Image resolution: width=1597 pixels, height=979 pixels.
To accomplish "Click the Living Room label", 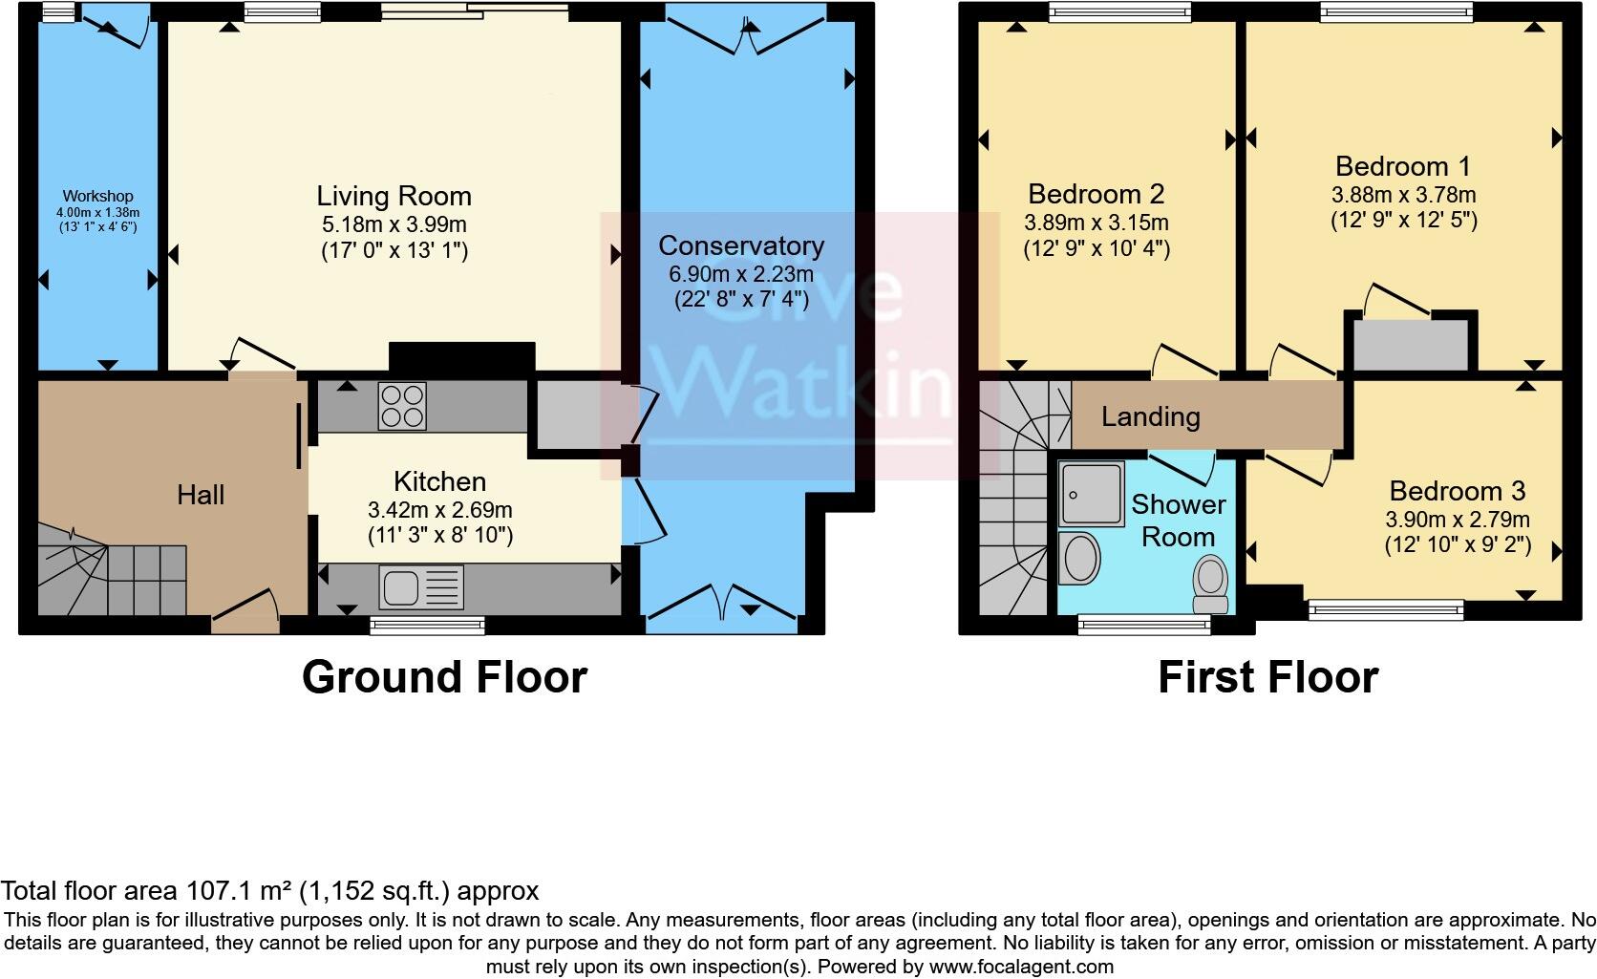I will [394, 197].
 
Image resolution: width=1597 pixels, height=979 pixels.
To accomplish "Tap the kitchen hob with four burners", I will [403, 405].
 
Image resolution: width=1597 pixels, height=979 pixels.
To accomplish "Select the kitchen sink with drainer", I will [421, 586].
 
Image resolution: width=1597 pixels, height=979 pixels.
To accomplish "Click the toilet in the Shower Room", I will [1211, 585].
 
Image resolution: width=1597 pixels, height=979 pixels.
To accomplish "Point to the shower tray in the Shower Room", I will [1091, 493].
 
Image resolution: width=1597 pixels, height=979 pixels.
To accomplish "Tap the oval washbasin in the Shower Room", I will [1081, 557].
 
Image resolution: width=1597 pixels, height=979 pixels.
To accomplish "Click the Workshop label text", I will [97, 197].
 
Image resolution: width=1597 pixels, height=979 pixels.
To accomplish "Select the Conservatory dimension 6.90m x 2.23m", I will [740, 274].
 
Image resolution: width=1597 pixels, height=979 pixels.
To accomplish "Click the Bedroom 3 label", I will [1457, 491].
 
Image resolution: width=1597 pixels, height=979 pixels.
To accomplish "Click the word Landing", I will [1150, 416].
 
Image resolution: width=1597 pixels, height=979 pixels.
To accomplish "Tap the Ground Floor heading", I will [444, 677].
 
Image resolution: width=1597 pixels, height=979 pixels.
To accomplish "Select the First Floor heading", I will [1267, 677].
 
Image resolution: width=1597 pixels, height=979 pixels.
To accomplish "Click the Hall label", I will [201, 495].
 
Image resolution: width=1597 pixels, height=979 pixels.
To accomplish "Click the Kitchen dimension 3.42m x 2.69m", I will [439, 510].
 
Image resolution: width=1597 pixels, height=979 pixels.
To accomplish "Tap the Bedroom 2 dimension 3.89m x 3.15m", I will [1096, 223].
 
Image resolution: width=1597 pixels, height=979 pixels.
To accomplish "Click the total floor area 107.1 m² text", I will [270, 891].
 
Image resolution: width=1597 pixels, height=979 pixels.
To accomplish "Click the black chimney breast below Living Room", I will [461, 356].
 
